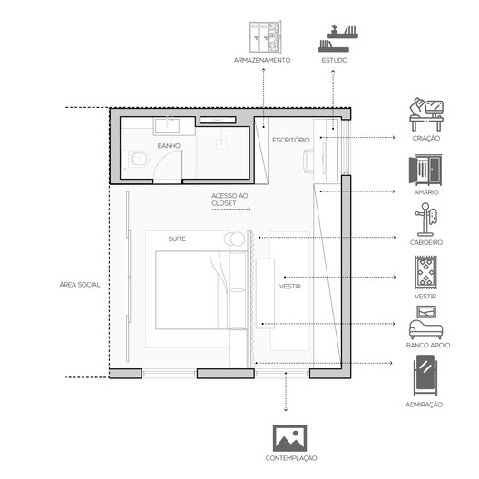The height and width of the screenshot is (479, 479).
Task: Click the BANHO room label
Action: pyautogui.click(x=169, y=146)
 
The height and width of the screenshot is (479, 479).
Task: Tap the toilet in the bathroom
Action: pyautogui.click(x=138, y=159)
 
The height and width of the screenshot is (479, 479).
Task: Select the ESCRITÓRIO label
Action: pyautogui.click(x=291, y=141)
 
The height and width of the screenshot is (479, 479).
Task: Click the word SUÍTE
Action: pyautogui.click(x=177, y=239)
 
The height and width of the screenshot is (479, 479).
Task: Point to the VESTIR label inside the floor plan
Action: pyautogui.click(x=290, y=287)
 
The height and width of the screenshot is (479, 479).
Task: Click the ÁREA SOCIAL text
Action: pyautogui.click(x=80, y=285)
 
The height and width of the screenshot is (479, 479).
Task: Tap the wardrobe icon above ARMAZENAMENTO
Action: pyautogui.click(x=265, y=36)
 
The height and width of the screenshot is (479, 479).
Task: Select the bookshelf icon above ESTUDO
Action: pyautogui.click(x=337, y=38)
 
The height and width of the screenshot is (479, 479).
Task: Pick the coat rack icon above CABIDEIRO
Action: pyautogui.click(x=425, y=220)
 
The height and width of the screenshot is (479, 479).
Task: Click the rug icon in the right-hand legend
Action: pyautogui.click(x=425, y=272)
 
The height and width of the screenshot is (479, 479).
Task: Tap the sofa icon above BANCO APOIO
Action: pyautogui.click(x=425, y=329)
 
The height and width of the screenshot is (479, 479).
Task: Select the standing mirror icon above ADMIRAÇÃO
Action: pyautogui.click(x=425, y=376)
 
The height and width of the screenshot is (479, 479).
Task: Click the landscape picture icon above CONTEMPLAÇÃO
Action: pyautogui.click(x=289, y=438)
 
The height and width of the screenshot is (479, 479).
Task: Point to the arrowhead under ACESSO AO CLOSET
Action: pyautogui.click(x=249, y=210)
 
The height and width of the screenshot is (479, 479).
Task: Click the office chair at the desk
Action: pyautogui.click(x=308, y=161)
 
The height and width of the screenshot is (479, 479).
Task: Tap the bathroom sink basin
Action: pyautogui.click(x=167, y=126)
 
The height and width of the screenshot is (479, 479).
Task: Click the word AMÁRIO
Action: pyautogui.click(x=426, y=192)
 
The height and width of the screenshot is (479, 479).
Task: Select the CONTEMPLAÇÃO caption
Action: pyautogui.click(x=291, y=458)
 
